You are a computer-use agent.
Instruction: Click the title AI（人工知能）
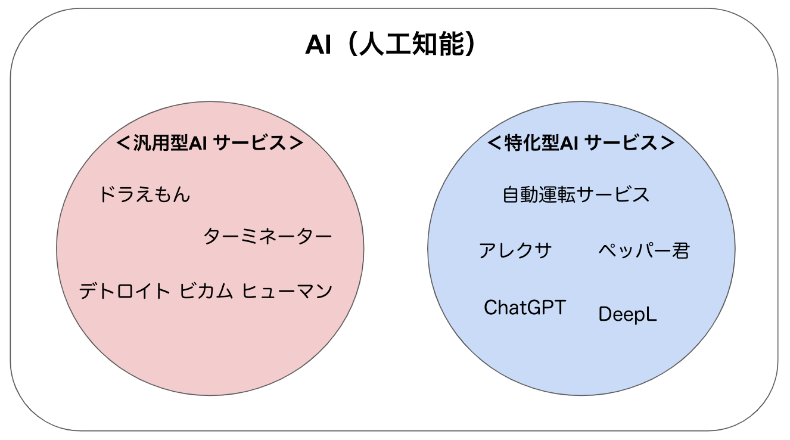pyautogui.click(x=390, y=45)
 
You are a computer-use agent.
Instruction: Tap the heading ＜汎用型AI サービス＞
pyautogui.click(x=210, y=143)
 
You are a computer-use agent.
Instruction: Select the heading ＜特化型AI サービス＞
pyautogui.click(x=581, y=143)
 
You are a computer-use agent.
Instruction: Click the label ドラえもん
pyautogui.click(x=145, y=194)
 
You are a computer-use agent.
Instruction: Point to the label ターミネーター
pyautogui.click(x=268, y=236)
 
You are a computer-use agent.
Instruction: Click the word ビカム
pyautogui.click(x=206, y=292)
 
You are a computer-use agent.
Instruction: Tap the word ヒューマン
pyautogui.click(x=287, y=292)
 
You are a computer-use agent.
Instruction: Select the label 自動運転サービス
pyautogui.click(x=576, y=195)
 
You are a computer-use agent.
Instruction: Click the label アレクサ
pyautogui.click(x=515, y=250)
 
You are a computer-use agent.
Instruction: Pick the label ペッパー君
pyautogui.click(x=644, y=250)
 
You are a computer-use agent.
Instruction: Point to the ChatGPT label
pyautogui.click(x=525, y=307)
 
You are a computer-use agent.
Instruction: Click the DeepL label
pyautogui.click(x=628, y=314)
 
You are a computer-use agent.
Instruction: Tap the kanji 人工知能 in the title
pyautogui.click(x=412, y=45)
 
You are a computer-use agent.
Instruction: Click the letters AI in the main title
pyautogui.click(x=318, y=45)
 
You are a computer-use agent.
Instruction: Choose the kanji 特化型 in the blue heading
pyautogui.click(x=532, y=143)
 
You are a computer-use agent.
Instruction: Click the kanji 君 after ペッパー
pyautogui.click(x=680, y=250)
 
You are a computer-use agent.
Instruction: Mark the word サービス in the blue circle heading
pyautogui.click(x=621, y=143)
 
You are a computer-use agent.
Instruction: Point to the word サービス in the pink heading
pyautogui.click(x=250, y=143)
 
